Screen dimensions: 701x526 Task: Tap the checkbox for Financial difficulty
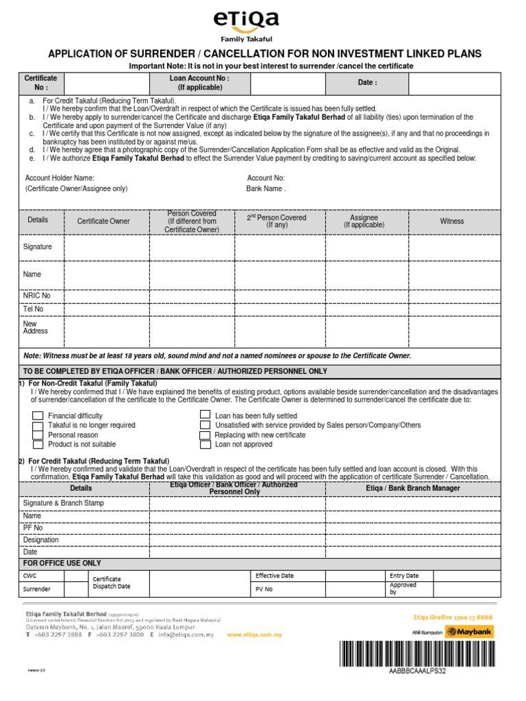click(38, 416)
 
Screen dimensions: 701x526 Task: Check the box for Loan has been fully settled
click(205, 415)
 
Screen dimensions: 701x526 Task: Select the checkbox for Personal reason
click(38, 435)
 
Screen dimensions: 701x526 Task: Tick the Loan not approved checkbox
click(205, 444)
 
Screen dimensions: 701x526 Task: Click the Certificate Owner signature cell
click(106, 246)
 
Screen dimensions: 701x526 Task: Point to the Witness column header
click(451, 221)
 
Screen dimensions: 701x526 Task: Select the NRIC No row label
click(37, 296)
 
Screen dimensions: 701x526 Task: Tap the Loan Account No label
click(199, 83)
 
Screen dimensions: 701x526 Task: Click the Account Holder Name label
click(60, 177)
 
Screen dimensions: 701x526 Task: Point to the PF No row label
click(33, 528)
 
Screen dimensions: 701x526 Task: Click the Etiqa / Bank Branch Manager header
click(413, 488)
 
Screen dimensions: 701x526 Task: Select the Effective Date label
click(275, 576)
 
